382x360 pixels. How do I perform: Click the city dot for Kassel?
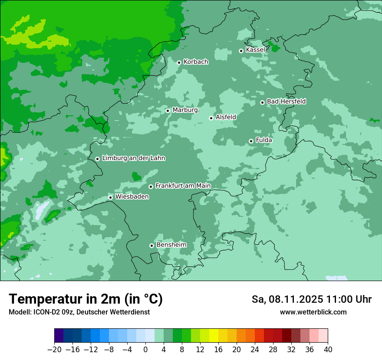[x=241, y=51]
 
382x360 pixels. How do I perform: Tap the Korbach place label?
[x=196, y=62]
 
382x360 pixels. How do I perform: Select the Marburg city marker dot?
[x=168, y=111]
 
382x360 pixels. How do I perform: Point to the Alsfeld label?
[x=226, y=117]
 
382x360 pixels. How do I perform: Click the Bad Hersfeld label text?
[x=286, y=101]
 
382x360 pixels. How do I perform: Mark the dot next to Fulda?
[x=251, y=141]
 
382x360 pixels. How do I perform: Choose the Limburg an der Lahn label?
[x=133, y=158]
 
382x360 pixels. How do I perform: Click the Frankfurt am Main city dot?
[x=151, y=187]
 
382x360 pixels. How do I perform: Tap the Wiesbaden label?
[x=132, y=197]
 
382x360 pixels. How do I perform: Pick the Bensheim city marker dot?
[x=151, y=245]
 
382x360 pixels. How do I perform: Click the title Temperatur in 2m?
[x=86, y=299]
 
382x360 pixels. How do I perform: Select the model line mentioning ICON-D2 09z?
[x=79, y=312]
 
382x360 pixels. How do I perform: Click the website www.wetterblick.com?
[x=313, y=312]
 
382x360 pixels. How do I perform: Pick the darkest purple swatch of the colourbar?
[x=59, y=336]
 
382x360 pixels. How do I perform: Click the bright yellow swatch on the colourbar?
[x=214, y=336]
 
